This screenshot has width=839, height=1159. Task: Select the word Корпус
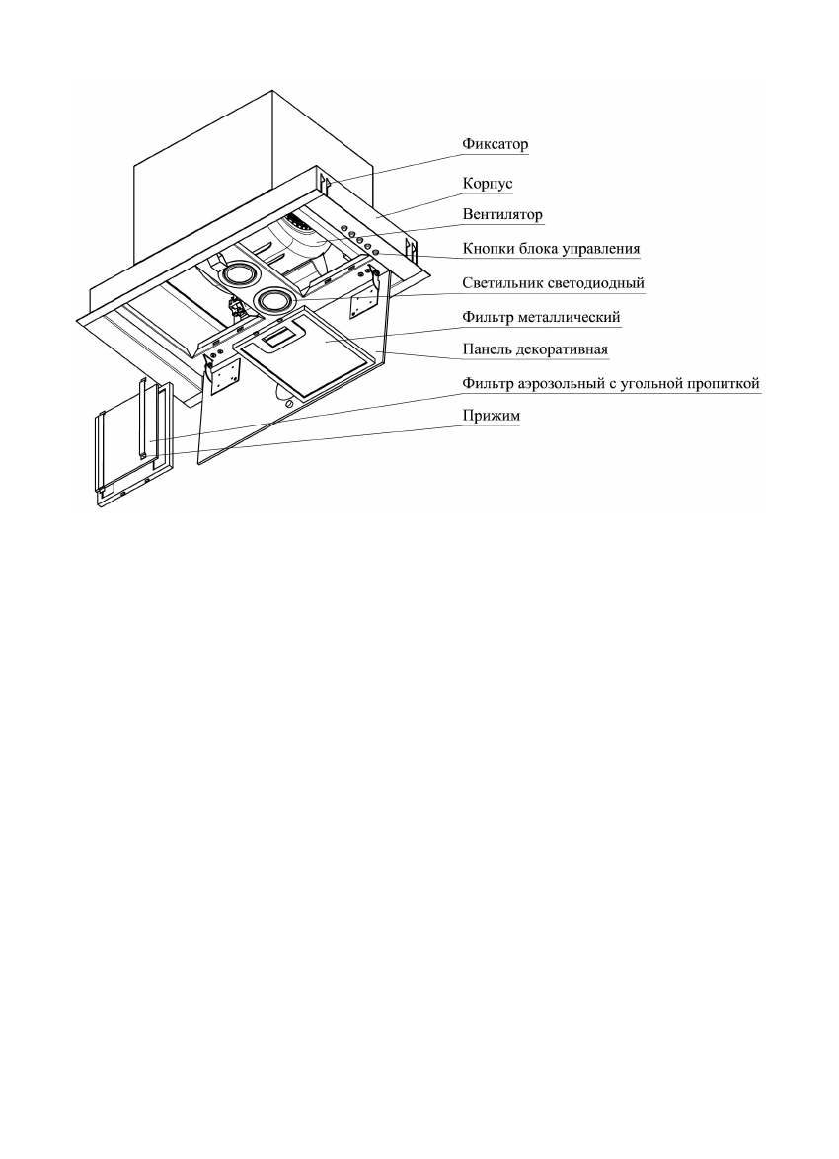point(486,184)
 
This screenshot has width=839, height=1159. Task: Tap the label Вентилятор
point(503,214)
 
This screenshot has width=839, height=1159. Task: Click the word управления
point(601,248)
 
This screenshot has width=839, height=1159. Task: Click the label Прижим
point(492,417)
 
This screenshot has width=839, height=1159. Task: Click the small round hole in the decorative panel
point(286,403)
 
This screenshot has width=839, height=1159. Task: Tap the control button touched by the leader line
point(376,253)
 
